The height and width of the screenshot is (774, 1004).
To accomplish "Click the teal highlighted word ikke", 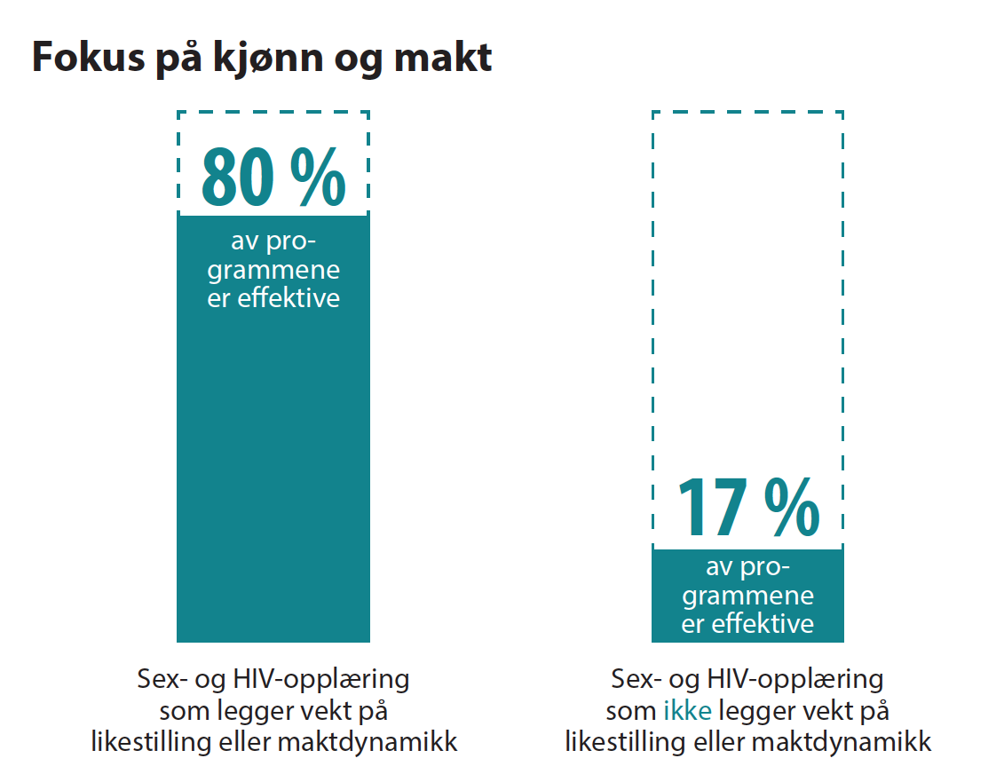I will point(687,711).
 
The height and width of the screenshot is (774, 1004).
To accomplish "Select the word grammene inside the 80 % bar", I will point(273,271).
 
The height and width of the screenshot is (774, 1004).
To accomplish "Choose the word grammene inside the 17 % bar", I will point(747,596).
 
